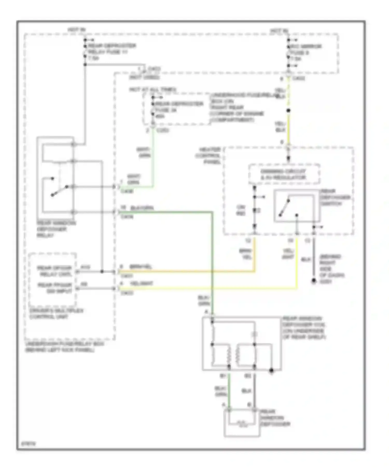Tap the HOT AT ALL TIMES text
[x=152, y=90]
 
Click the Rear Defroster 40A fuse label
[x=179, y=110]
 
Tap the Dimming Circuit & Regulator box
[x=284, y=174]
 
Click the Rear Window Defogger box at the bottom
[x=242, y=423]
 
